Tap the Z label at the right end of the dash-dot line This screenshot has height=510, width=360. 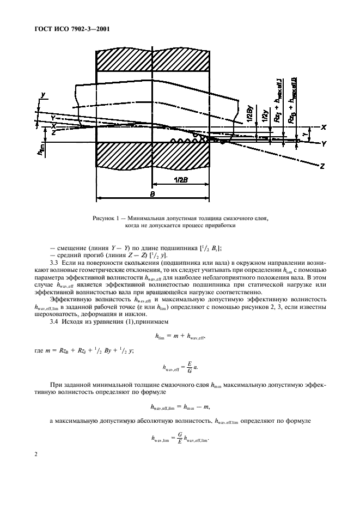pos(323,167)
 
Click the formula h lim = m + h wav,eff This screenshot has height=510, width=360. pos(179,337)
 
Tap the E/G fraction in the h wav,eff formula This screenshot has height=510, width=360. pos(190,368)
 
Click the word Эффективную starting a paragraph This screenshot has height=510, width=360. pos(69,299)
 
